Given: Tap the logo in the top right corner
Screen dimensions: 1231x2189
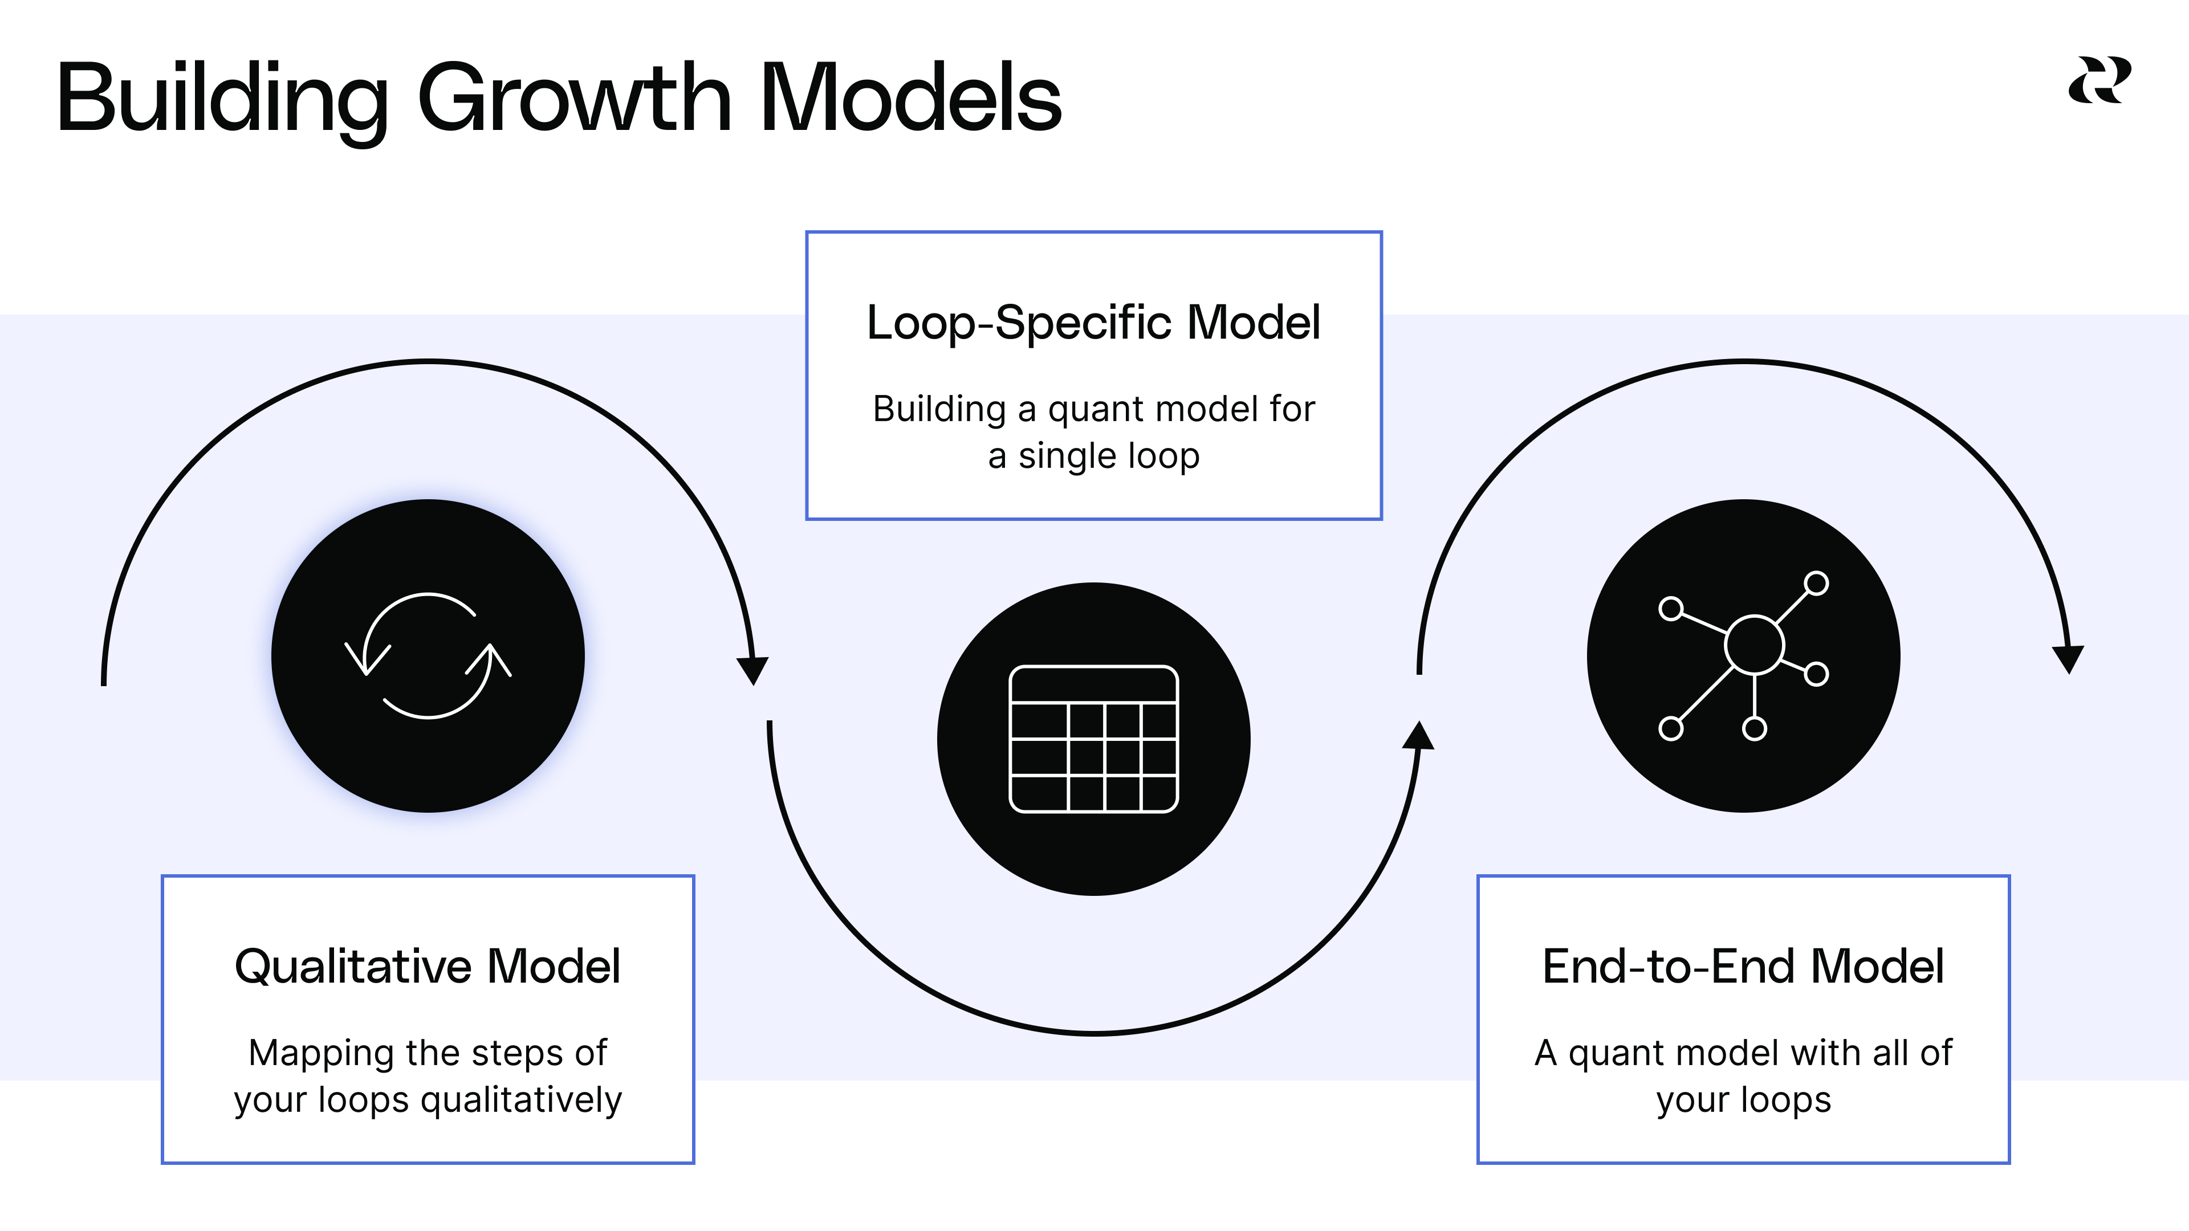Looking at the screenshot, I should (x=2099, y=81).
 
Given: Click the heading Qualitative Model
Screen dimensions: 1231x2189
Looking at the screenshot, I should (x=428, y=967).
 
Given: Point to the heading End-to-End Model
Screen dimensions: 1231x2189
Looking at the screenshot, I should (x=1743, y=967).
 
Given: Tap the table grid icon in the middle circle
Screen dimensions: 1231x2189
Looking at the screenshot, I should (x=1094, y=739).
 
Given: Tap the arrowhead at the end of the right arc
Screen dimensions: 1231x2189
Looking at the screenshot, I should (x=2068, y=659).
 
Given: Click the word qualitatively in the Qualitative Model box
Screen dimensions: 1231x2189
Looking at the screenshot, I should (x=521, y=1100).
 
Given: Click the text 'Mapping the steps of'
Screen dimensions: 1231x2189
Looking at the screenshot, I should (x=428, y=1053).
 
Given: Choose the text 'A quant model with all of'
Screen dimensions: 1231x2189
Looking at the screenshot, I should (x=1743, y=1053).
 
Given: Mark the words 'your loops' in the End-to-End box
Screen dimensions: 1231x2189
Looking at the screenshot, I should (x=1743, y=1100).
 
